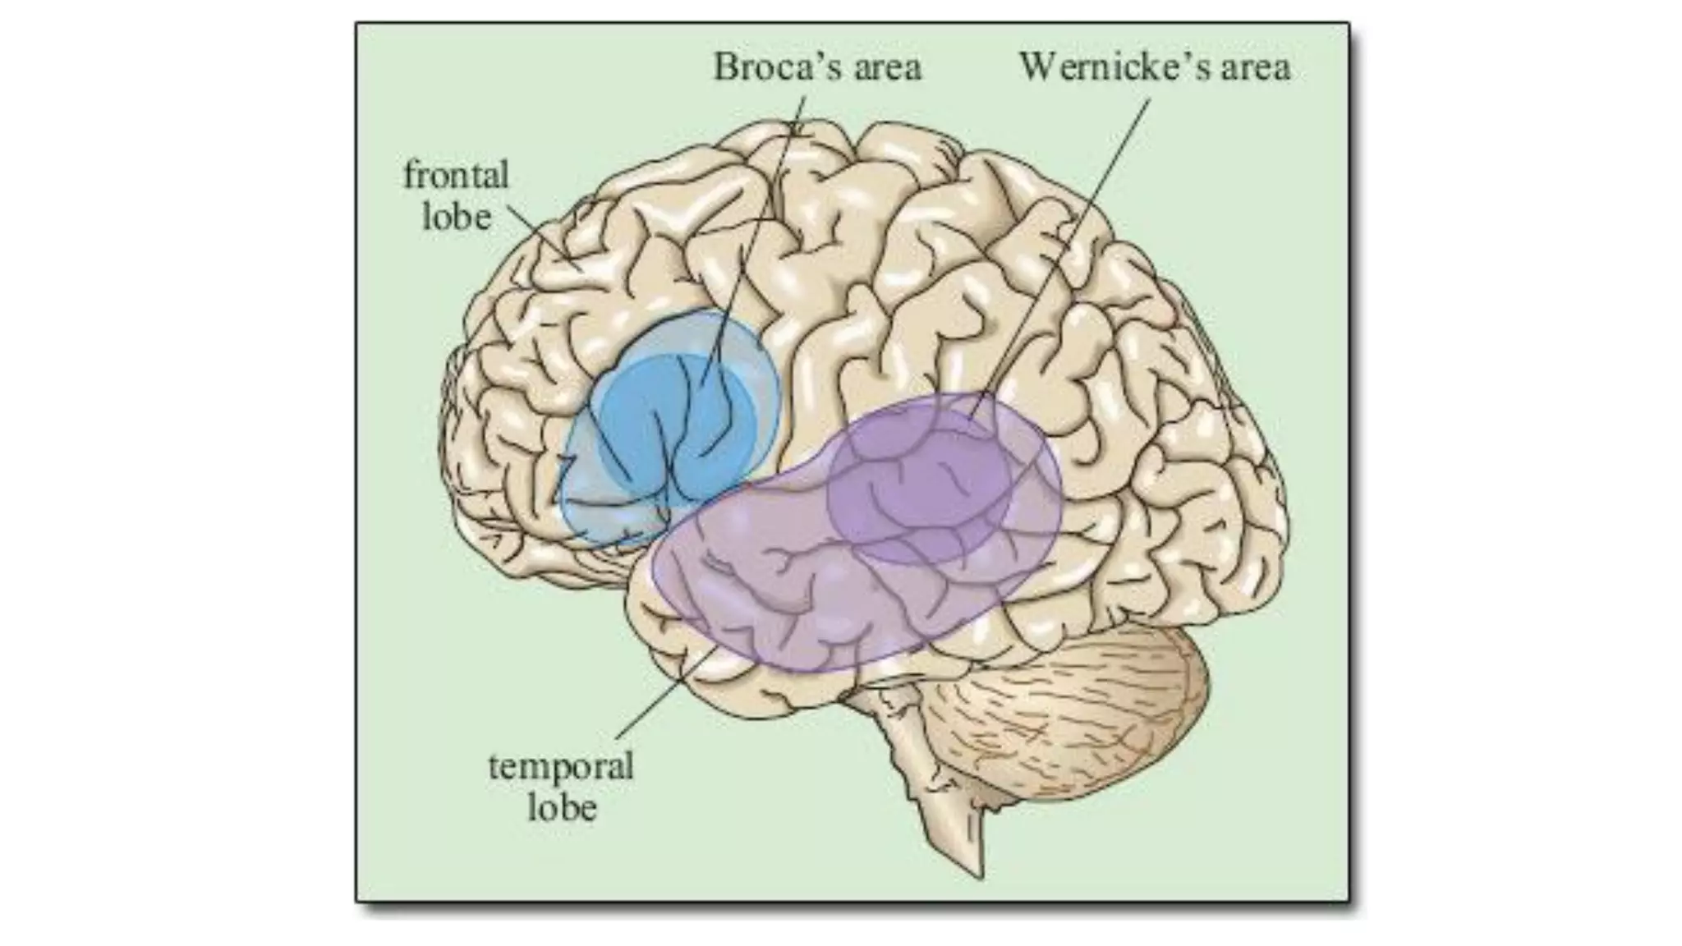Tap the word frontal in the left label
coord(456,176)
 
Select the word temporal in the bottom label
coord(561,767)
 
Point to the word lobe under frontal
coord(457,217)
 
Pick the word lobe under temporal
coord(562,807)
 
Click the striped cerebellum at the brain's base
coord(1092,706)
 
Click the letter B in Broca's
coord(724,67)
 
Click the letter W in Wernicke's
coord(1037,67)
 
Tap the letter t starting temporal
coord(494,767)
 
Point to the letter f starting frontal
coord(410,175)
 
